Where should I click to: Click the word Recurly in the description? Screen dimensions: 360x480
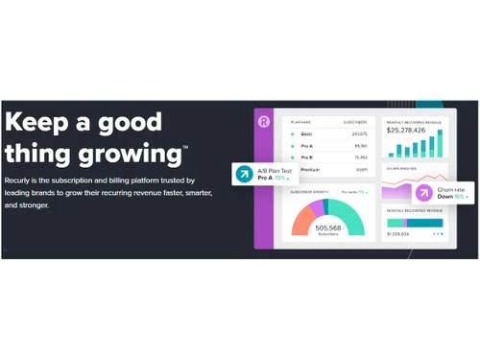pos(19,180)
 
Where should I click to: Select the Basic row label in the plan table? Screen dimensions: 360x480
pos(307,133)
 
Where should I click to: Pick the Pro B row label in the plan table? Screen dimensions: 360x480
pos(307,156)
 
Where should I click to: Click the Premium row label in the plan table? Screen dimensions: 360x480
pos(309,169)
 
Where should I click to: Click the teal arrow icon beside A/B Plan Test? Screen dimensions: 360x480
pos(245,174)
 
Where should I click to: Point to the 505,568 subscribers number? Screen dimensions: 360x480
pos(327,228)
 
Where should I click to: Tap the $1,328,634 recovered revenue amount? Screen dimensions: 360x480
pos(397,233)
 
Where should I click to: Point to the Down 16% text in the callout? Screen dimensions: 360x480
pos(451,197)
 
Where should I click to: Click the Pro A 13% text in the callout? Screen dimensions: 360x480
pos(273,178)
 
